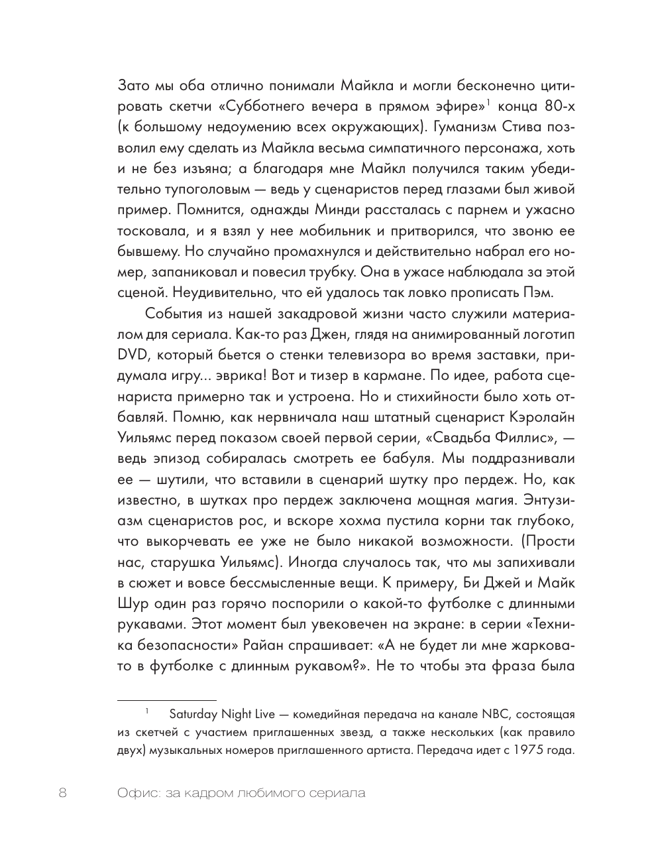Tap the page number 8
63,793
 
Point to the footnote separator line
166,700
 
